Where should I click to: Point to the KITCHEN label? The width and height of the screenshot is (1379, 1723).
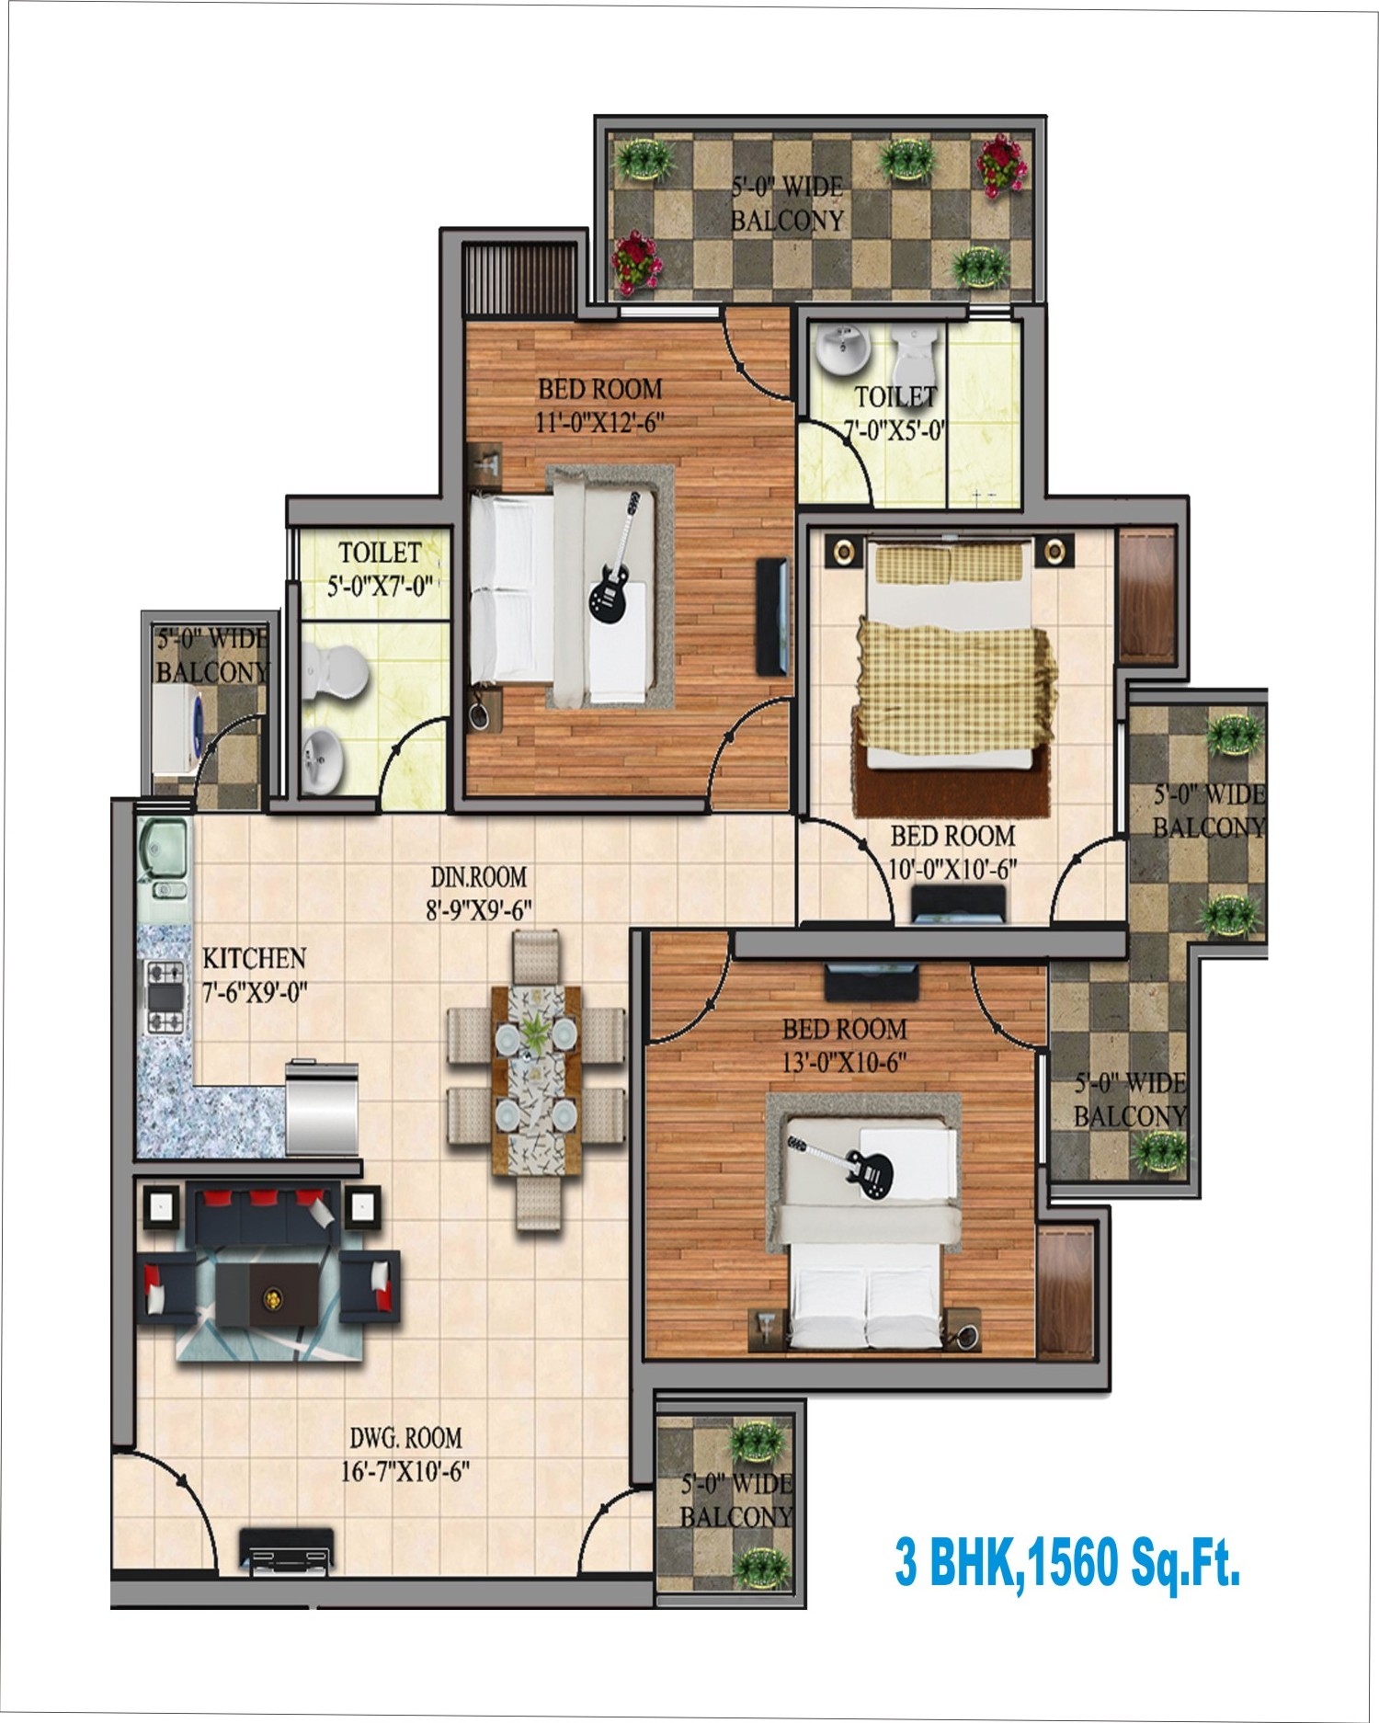254,959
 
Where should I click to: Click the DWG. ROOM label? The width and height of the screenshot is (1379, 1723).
405,1437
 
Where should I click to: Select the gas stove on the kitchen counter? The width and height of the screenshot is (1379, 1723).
165,996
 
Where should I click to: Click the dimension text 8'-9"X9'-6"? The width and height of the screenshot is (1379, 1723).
478,909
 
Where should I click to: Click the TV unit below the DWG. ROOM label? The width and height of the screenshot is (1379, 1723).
286,1546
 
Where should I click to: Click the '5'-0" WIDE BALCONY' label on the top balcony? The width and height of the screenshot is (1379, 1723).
787,204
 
